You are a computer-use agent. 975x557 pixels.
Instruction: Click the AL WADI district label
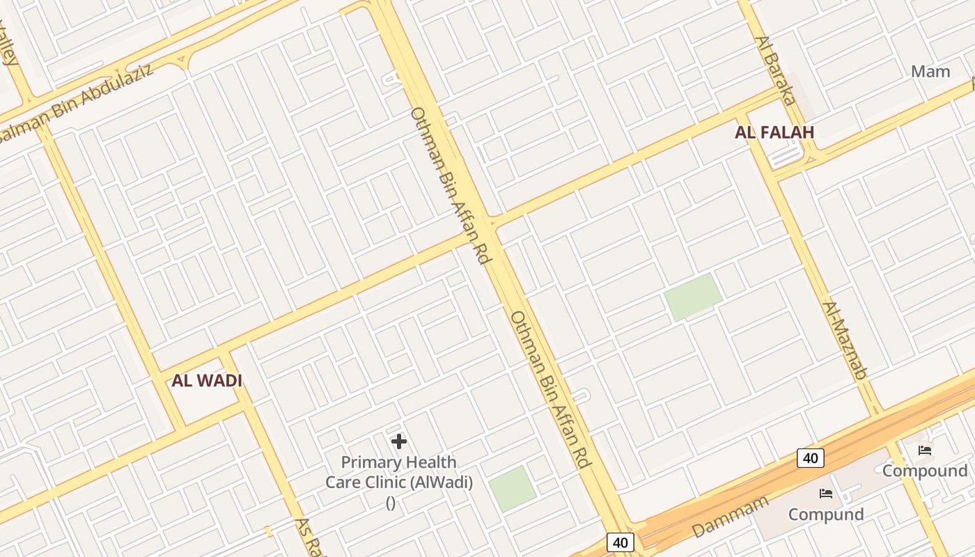(207, 381)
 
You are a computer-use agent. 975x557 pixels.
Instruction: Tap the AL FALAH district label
(774, 132)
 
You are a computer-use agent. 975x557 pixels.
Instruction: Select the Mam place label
(930, 71)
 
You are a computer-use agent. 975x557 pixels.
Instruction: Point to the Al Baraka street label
(775, 70)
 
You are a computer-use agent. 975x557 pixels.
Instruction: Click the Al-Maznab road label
(844, 340)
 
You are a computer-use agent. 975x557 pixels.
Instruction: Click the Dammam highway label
(731, 516)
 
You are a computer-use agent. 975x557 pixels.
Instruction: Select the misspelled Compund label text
(826, 515)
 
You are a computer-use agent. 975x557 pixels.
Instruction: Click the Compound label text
(925, 471)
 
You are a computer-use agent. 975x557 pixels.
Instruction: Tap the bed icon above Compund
(826, 494)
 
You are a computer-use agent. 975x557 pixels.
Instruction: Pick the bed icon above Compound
(925, 450)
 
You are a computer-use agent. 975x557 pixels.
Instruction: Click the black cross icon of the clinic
(399, 441)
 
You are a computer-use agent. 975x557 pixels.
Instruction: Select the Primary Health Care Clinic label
(399, 472)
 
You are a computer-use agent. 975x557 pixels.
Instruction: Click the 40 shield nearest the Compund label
(810, 458)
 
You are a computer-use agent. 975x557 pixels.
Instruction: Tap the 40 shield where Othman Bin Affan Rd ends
(620, 542)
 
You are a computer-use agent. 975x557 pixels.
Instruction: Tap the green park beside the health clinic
(512, 488)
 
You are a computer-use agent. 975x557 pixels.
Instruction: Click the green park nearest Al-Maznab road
(692, 297)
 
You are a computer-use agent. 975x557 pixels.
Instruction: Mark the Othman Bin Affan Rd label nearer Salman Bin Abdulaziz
(451, 185)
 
